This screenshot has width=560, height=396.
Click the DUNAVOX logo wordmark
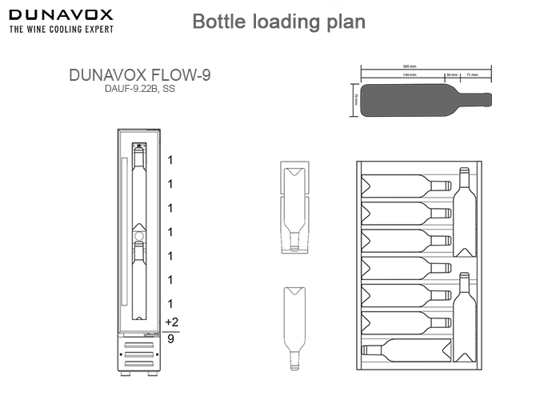point(60,14)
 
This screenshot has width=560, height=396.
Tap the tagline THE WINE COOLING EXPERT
point(60,29)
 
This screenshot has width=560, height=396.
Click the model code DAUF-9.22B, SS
point(139,89)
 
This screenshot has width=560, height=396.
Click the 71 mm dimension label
point(471,75)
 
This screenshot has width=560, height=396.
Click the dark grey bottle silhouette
point(416,99)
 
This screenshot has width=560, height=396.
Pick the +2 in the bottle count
point(171,322)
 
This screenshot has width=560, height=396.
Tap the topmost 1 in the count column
point(170,160)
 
